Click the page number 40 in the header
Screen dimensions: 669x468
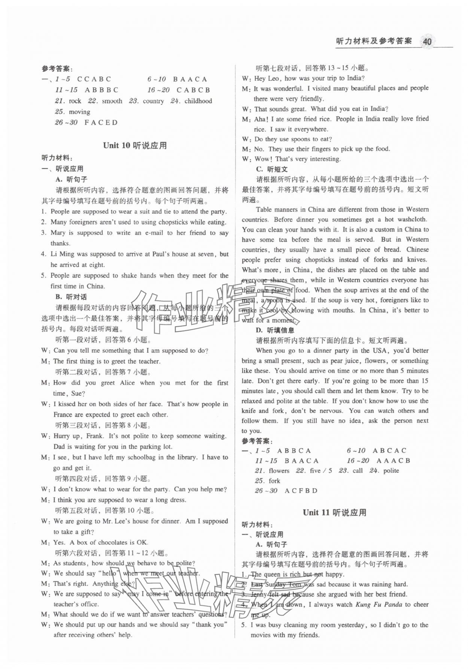(x=427, y=41)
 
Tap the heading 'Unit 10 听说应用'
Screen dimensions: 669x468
(x=135, y=146)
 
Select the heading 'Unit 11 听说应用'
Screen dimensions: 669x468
(x=334, y=513)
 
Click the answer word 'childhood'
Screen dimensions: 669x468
(x=198, y=101)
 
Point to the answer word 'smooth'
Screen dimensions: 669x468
(x=112, y=101)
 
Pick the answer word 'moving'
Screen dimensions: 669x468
(x=79, y=112)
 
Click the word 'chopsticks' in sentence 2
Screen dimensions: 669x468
(x=174, y=222)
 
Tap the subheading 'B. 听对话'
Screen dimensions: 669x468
(x=71, y=297)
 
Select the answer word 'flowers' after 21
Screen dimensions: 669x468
(x=279, y=471)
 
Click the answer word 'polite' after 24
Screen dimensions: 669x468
(x=391, y=471)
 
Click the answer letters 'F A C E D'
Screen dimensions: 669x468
(x=101, y=123)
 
